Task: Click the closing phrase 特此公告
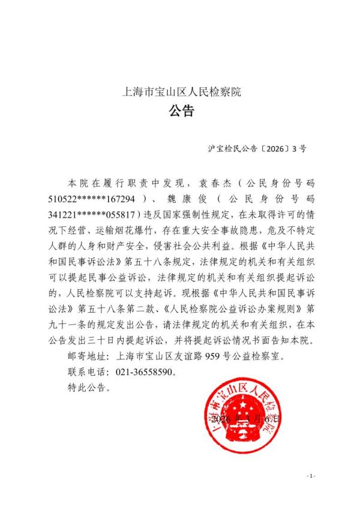pos(88,388)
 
